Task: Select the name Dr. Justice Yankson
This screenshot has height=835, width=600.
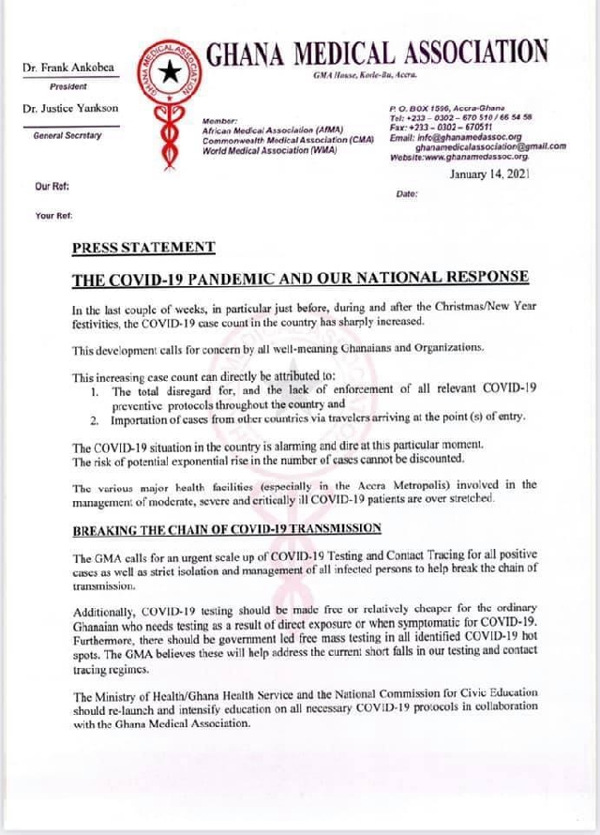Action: tap(70, 109)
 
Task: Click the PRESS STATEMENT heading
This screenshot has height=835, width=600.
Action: tap(143, 248)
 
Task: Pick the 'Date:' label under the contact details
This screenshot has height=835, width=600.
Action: tap(407, 193)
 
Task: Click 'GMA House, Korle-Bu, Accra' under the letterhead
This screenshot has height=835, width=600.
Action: tap(367, 73)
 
